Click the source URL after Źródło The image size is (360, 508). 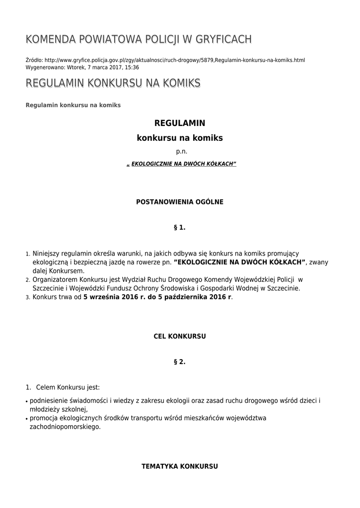[x=174, y=60]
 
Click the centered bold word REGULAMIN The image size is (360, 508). [x=180, y=123]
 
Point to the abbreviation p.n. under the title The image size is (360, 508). [x=180, y=151]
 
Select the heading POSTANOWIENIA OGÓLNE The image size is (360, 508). [x=180, y=202]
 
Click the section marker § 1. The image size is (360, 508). [x=180, y=227]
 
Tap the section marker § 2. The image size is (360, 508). [x=180, y=362]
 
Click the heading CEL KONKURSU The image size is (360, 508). [x=180, y=336]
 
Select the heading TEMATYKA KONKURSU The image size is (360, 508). [x=180, y=467]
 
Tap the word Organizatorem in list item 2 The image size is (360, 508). [x=53, y=279]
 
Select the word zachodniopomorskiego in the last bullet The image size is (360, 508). [x=65, y=427]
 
